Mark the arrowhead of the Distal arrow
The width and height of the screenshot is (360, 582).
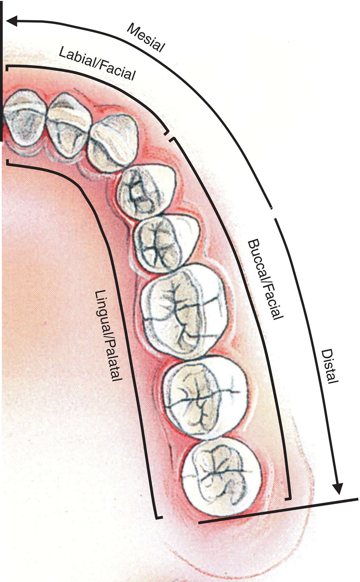click(x=338, y=488)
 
